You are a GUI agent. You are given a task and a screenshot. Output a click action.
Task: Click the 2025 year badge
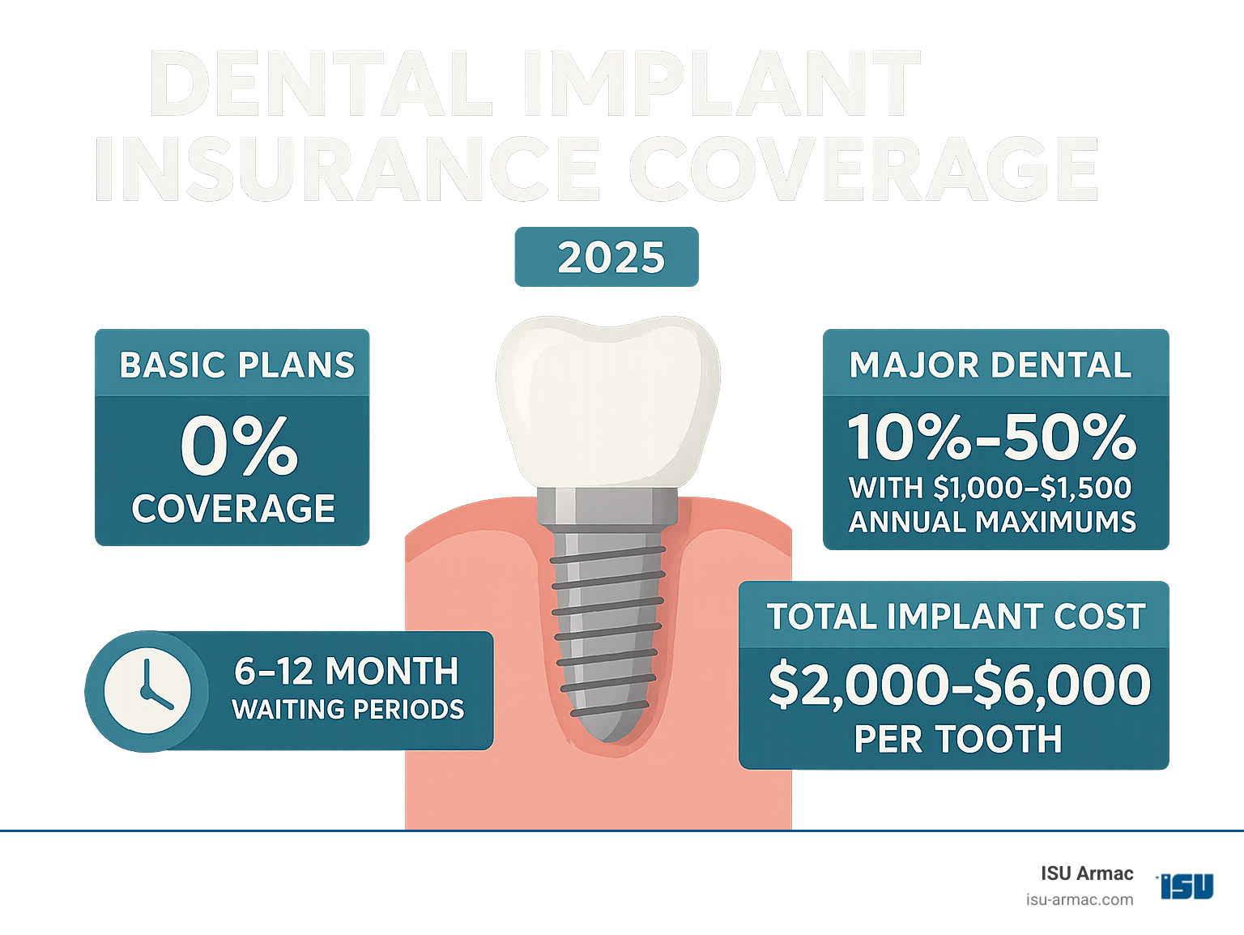click(607, 257)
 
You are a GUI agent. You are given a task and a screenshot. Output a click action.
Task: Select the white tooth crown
click(608, 401)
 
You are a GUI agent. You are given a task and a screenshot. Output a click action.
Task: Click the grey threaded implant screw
click(607, 635)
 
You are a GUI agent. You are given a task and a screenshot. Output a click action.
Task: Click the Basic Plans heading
click(237, 365)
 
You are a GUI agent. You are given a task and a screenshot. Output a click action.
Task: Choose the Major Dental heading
click(991, 365)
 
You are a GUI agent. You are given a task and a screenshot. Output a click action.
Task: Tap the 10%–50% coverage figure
click(992, 438)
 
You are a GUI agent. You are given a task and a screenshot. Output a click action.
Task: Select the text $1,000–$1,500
click(1032, 489)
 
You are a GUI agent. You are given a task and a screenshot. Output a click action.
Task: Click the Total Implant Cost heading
click(956, 617)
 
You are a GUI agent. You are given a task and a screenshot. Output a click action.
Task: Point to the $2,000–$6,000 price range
click(960, 685)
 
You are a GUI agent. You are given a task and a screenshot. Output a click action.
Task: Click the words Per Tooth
click(958, 738)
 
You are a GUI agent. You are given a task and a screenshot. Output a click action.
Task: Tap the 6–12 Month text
click(347, 671)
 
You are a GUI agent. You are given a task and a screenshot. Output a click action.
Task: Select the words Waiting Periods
click(348, 709)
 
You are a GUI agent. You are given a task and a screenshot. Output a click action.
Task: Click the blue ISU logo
click(1186, 886)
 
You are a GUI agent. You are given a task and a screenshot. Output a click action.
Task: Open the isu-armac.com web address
click(1080, 900)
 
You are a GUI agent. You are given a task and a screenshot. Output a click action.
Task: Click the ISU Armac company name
click(1087, 873)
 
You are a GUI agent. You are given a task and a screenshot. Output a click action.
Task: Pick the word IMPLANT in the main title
click(721, 83)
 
